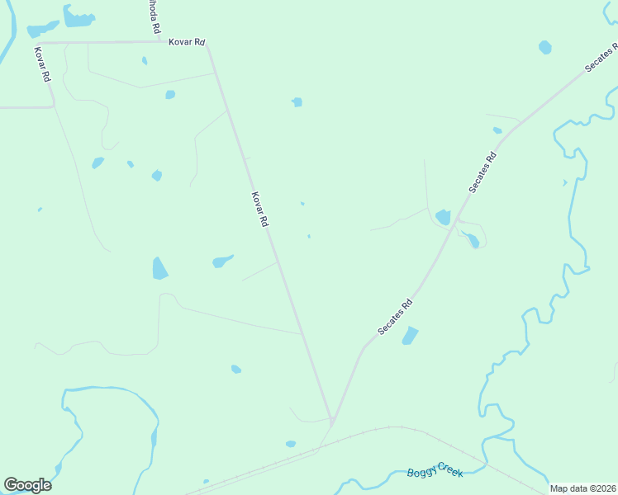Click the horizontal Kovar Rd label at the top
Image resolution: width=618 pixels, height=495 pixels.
187,41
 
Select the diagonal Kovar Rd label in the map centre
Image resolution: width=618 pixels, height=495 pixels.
259,210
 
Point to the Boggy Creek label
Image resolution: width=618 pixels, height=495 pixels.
435,469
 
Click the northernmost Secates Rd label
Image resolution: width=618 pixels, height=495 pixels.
601,59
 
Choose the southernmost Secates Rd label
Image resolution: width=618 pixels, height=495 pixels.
395,316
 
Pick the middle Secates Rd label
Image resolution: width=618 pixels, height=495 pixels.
483,172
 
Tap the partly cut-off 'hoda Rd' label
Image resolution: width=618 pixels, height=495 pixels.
154,16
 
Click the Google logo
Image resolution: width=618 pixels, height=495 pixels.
27,485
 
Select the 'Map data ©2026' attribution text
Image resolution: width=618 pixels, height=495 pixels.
582,488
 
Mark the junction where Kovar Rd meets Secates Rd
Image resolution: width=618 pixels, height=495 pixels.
332,421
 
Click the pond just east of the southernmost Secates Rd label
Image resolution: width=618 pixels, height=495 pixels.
410,336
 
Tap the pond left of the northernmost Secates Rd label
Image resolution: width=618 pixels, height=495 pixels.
545,47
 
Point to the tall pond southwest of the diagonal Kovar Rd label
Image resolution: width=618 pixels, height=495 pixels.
159,268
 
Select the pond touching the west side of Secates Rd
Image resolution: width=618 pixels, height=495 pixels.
443,217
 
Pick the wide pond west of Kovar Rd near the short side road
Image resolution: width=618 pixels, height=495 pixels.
222,261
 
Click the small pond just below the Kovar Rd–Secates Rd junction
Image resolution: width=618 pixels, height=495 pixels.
291,444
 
